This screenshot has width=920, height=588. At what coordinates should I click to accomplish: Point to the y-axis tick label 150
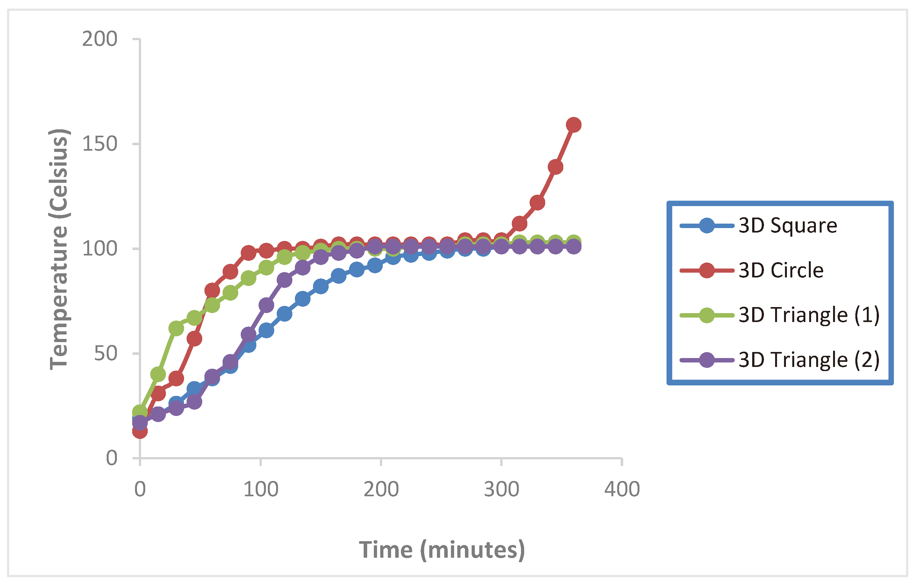tap(99, 144)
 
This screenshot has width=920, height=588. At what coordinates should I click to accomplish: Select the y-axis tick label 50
tap(105, 354)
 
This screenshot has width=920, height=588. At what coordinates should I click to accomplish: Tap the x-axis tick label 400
tap(622, 490)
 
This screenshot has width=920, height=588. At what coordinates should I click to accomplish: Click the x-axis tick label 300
tap(501, 490)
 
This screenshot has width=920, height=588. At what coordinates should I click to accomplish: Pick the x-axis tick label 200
tap(381, 490)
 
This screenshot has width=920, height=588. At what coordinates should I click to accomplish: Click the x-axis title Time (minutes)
tap(442, 550)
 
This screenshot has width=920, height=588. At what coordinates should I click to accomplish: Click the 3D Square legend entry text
tap(788, 226)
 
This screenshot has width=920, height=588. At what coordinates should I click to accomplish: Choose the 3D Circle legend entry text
tap(781, 270)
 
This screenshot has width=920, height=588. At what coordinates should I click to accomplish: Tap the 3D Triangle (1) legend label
tap(809, 315)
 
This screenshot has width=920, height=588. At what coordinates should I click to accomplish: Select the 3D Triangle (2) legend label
tap(809, 360)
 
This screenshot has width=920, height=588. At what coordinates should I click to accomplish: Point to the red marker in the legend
tap(707, 270)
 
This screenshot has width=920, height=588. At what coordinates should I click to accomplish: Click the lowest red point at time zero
tap(140, 431)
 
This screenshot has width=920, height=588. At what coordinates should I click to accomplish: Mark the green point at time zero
tap(140, 412)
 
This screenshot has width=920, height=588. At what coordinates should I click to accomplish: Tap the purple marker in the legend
tap(707, 360)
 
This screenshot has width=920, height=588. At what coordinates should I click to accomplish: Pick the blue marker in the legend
tap(707, 226)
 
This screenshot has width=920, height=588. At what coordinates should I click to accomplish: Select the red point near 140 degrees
tap(555, 167)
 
